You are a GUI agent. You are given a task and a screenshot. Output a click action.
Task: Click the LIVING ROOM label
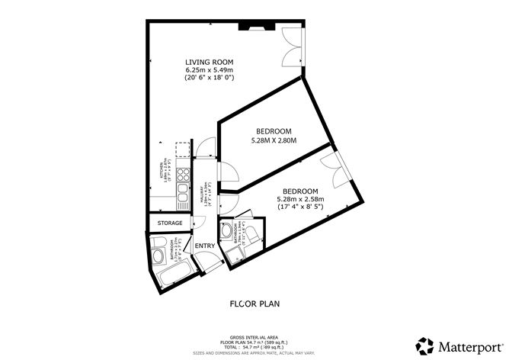pos(208,62)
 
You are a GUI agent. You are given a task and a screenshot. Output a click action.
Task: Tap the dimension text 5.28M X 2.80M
pos(272,140)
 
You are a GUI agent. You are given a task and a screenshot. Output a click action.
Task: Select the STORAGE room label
pos(169,223)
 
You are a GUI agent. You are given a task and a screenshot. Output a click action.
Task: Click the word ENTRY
pos(203,246)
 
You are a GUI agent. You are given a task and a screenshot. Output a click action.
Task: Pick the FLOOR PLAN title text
pos(254,304)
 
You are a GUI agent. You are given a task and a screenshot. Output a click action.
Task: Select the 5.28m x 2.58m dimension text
pos(299,199)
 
